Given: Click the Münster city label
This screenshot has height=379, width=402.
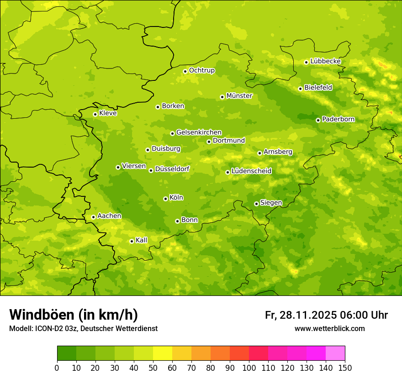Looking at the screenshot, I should click(x=239, y=96).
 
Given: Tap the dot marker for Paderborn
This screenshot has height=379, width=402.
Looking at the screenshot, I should click(x=318, y=120).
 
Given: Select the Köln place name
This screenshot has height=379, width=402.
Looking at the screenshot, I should click(x=176, y=198).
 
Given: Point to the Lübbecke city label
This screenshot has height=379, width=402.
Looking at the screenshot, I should click(x=325, y=61).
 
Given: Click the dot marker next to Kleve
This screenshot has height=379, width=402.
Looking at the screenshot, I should click(x=95, y=114).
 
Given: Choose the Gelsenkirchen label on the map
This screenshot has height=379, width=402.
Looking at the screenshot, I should click(x=199, y=132).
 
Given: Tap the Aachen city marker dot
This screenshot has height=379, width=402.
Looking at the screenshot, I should click(x=93, y=217).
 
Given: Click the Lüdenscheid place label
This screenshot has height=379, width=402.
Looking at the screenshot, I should click(x=251, y=171).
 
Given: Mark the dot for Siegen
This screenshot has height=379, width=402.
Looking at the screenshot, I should click(x=256, y=204).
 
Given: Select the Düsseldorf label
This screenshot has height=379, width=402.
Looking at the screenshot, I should click(x=172, y=169).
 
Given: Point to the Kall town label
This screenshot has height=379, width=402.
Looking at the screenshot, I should click(x=142, y=240).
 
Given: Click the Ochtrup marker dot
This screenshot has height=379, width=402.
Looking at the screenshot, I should click(x=185, y=71).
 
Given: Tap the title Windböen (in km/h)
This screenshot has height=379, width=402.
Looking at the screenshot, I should click(x=74, y=315).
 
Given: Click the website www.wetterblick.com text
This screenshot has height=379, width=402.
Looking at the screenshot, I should click(x=329, y=328).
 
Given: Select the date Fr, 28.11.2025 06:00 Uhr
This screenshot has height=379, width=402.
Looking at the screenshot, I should click(x=326, y=315).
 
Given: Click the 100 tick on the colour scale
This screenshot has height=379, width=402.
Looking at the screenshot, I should click(x=249, y=368).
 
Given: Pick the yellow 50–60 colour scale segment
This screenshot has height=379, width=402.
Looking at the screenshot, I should click(x=163, y=353).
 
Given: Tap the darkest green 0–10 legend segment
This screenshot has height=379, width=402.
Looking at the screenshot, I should click(x=67, y=353).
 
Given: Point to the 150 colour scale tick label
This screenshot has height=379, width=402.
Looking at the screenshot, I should click(x=345, y=368).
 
